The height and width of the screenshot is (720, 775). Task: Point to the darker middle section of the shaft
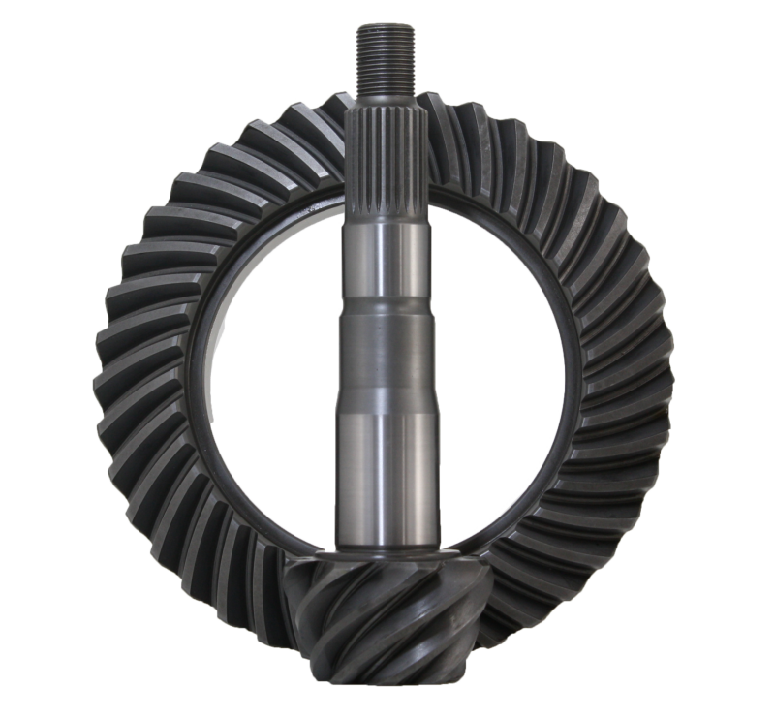pos(387,359)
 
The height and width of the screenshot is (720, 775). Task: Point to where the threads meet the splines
pos(387,98)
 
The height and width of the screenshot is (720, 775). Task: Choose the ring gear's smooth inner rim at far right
pos(573,378)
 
